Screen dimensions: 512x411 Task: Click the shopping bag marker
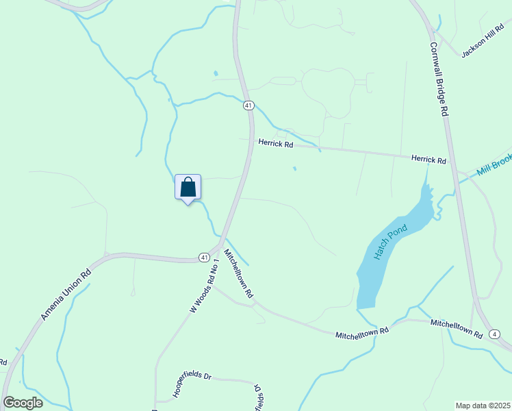coord(188,187)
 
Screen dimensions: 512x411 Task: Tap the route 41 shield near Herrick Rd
coord(248,105)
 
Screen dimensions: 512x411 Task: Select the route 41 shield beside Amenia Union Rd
coord(204,257)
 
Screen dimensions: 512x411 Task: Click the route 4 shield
coord(494,334)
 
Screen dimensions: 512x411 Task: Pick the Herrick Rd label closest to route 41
coord(275,144)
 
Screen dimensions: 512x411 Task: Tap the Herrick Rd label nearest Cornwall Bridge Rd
coord(428,159)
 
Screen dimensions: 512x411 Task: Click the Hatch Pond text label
coord(390,242)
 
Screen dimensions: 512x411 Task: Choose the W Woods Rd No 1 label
coord(204,286)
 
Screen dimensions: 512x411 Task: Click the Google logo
coord(23,403)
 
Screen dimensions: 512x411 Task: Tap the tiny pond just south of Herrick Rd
coord(295,169)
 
